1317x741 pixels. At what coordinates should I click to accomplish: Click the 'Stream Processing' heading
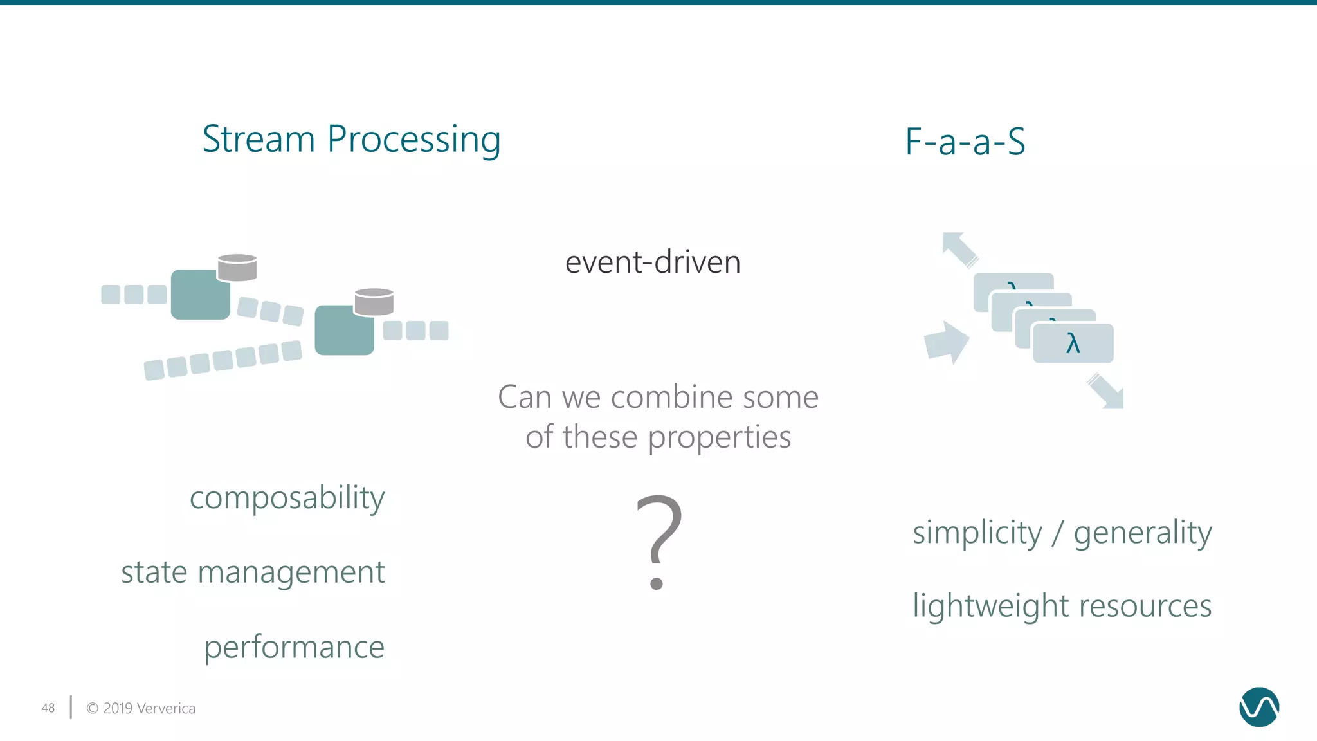click(351, 139)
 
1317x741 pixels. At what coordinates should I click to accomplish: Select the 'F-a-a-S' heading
click(965, 142)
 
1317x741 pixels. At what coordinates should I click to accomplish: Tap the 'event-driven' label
click(653, 262)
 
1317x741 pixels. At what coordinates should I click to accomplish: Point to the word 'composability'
click(287, 498)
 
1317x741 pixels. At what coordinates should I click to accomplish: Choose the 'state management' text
click(253, 572)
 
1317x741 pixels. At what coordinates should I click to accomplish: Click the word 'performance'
click(294, 646)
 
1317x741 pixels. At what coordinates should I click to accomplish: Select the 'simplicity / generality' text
click(1062, 533)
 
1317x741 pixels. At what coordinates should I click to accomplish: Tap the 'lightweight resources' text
click(1062, 606)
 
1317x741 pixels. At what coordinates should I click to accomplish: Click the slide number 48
click(48, 708)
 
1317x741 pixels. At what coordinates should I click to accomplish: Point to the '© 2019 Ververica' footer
click(141, 708)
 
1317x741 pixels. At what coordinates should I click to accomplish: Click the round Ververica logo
click(1258, 707)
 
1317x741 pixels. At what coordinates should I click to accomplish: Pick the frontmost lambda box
click(1073, 343)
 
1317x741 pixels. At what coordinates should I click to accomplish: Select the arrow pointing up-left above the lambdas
click(959, 248)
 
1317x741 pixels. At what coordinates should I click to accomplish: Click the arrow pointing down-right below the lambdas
click(1107, 392)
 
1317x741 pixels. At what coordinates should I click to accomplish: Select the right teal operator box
click(343, 331)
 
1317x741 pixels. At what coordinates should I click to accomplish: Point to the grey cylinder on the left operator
click(237, 268)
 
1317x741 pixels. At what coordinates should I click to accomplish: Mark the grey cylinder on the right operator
click(374, 302)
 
